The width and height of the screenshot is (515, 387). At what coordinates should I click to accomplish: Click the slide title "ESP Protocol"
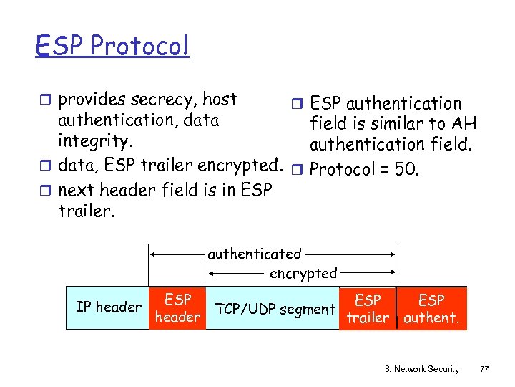coord(112,46)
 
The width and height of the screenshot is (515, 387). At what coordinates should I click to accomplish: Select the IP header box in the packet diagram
coord(109,307)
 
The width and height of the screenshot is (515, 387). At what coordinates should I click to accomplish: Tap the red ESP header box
coord(177,308)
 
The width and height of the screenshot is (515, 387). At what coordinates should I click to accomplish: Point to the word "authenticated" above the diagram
coord(255,254)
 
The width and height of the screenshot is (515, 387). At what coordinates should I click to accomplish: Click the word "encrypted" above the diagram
coord(303,273)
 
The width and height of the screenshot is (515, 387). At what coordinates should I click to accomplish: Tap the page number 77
coord(484,369)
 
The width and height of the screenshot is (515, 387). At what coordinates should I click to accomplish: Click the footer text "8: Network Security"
coord(422,369)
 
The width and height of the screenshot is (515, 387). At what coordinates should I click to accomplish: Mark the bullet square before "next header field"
coord(46,190)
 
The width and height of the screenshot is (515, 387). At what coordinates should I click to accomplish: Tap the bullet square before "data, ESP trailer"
coord(46,167)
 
